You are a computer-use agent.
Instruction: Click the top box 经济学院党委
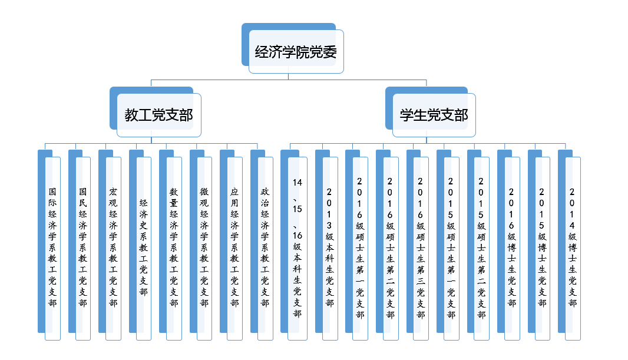click(296, 52)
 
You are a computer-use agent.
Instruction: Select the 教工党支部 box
click(158, 115)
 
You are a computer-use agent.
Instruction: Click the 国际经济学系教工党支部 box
click(53, 247)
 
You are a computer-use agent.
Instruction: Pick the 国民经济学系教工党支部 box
click(83, 247)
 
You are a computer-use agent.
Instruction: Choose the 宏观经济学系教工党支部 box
click(114, 247)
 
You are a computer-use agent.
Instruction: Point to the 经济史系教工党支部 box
click(144, 247)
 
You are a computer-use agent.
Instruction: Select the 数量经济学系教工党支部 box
click(174, 247)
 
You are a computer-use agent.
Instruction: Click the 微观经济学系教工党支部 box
click(204, 247)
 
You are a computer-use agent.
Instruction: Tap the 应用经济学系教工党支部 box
click(235, 247)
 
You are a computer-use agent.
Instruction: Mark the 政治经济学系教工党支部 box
click(265, 247)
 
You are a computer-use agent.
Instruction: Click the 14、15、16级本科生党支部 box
click(298, 247)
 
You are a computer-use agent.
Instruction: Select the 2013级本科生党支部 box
click(330, 247)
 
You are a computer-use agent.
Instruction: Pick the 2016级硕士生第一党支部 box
click(360, 247)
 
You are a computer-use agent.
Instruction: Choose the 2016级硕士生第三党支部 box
click(421, 247)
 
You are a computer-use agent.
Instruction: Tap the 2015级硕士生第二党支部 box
click(481, 247)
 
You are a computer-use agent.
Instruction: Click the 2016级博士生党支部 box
click(512, 247)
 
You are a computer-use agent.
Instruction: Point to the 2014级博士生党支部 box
click(573, 247)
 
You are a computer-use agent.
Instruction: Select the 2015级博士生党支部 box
click(542, 247)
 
